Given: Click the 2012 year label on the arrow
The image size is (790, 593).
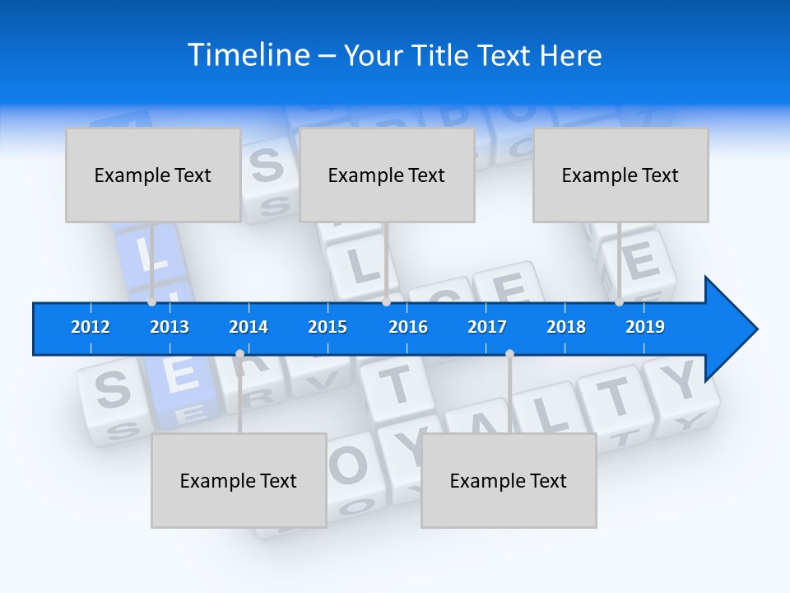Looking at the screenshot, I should (x=91, y=327).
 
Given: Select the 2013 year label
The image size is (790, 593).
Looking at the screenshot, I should (x=170, y=327).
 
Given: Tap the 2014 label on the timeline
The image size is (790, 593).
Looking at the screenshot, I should (x=249, y=327).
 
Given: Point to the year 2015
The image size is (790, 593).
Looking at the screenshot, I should (x=328, y=327).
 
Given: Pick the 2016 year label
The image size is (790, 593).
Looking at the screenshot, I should (x=408, y=327).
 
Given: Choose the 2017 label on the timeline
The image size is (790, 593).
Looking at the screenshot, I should (x=487, y=327).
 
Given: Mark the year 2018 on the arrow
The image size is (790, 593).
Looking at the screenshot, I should (x=566, y=327).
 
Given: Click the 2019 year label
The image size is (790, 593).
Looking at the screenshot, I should (x=645, y=327).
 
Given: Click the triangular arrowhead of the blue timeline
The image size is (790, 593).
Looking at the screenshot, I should (x=728, y=329).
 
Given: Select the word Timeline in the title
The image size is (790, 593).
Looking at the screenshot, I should (x=249, y=55).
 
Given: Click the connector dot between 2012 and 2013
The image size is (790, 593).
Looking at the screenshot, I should (x=152, y=302).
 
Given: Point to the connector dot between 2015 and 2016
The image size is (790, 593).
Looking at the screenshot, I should (x=386, y=302).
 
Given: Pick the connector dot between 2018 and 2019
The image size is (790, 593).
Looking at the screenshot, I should (x=620, y=302).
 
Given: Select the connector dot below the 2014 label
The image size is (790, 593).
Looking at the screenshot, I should (x=239, y=354).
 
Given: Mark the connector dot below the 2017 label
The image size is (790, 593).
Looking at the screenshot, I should (x=509, y=354).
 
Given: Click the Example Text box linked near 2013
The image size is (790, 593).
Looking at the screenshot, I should (x=153, y=175).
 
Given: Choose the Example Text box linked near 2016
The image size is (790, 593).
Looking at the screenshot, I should (x=387, y=175).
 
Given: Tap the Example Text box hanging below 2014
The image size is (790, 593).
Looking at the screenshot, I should (x=239, y=480).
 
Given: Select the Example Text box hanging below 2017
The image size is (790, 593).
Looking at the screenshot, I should (x=509, y=480).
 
